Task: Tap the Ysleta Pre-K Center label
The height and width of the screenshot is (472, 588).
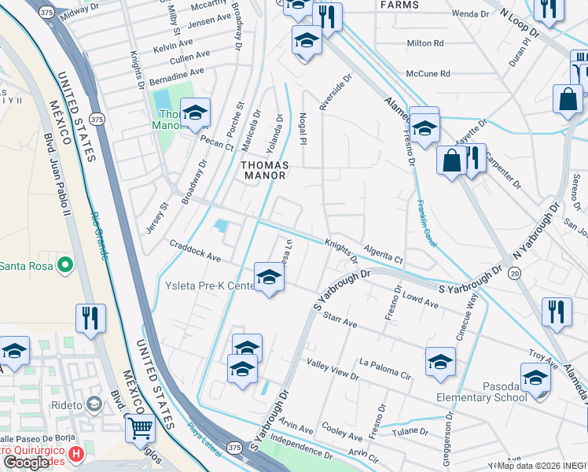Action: (207, 285)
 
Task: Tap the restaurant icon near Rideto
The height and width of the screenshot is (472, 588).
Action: (91, 319)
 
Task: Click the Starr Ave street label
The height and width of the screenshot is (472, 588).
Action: (340, 320)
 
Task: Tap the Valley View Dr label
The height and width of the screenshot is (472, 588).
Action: (333, 369)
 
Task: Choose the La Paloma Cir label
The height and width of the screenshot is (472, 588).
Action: (385, 368)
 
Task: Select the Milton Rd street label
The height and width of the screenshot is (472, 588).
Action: (425, 43)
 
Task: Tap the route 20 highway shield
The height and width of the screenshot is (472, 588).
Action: (514, 272)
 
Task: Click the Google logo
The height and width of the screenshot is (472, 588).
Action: (27, 463)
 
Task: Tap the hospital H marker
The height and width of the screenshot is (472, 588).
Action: (75, 454)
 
